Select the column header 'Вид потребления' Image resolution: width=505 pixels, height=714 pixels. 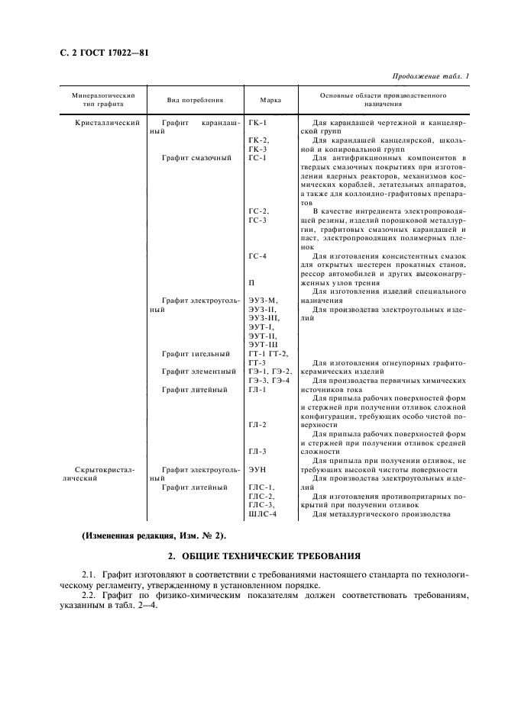point(196,100)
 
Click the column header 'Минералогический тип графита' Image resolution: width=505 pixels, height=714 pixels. point(104,99)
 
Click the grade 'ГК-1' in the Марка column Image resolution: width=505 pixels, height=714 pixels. point(258,122)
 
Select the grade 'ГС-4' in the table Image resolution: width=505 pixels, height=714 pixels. point(258,256)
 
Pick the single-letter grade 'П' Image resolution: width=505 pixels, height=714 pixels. point(252,282)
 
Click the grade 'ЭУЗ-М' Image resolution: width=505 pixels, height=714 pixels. point(264,301)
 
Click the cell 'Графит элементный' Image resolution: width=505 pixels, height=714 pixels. point(199,371)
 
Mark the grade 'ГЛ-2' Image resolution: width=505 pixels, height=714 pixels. point(257,424)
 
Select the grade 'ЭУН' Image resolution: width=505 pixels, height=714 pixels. point(257,470)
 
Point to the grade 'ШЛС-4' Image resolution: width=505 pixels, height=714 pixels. point(262,513)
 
